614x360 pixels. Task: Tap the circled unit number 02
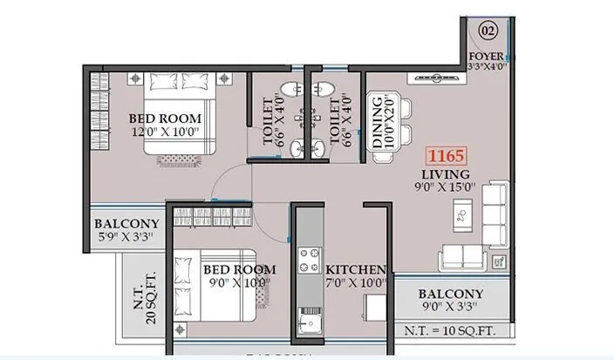[x=488, y=31]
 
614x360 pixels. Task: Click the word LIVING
[x=445, y=173]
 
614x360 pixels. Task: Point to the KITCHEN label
[x=356, y=270]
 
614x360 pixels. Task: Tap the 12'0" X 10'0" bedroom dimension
[x=165, y=132]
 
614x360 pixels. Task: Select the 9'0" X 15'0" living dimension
[x=445, y=186]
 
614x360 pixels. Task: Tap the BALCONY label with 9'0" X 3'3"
[x=450, y=294]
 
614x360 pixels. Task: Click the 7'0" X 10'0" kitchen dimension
[x=356, y=283]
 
